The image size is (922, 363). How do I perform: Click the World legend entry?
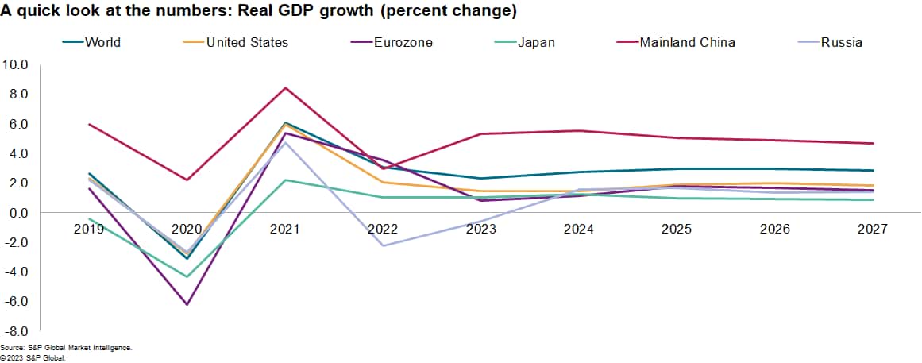102,42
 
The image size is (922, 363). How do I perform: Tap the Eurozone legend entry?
403,42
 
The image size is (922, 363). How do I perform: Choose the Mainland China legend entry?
687,42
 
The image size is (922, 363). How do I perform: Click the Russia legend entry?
843,42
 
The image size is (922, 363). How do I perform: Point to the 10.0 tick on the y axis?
16,64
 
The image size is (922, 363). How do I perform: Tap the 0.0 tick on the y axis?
18,213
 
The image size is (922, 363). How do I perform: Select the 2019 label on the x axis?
89,228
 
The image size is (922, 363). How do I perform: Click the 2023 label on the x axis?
481,228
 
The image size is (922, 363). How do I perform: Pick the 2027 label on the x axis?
873,228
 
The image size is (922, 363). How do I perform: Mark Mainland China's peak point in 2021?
285,87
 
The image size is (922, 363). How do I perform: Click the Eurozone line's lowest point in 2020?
187,305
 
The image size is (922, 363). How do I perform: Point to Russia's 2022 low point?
384,245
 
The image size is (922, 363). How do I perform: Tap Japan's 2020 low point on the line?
187,276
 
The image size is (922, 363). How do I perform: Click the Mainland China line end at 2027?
873,143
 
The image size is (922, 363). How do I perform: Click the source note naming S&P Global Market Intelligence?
66,348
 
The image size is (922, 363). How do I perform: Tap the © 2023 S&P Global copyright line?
33,357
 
